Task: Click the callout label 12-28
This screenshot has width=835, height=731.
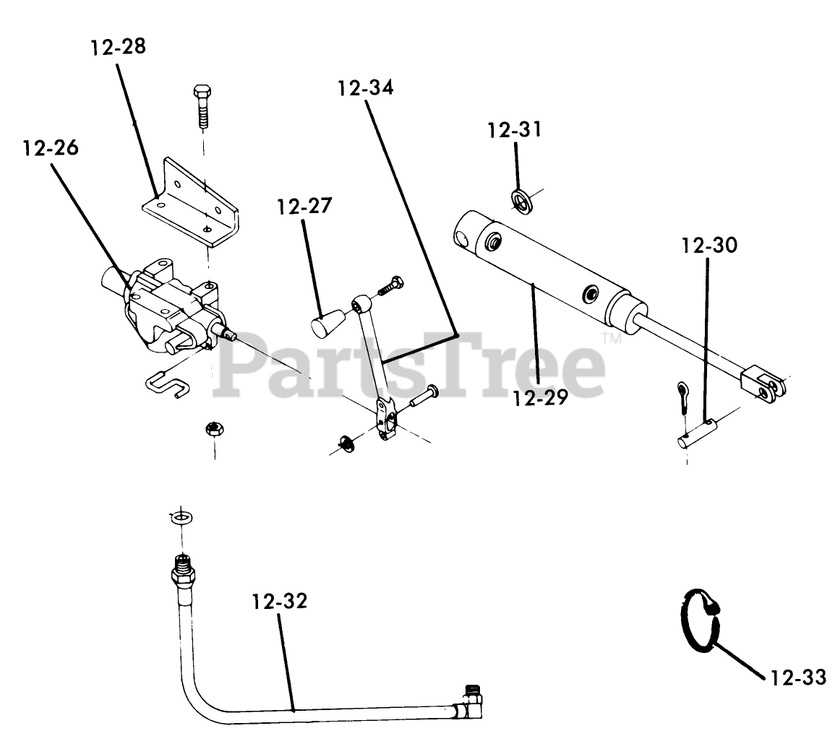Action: click(x=118, y=48)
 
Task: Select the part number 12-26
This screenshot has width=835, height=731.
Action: click(x=51, y=148)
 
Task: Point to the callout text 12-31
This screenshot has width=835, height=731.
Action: click(x=514, y=130)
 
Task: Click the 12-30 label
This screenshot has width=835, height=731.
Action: click(x=708, y=246)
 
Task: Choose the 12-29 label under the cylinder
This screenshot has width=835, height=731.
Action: click(x=540, y=398)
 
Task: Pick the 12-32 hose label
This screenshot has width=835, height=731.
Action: click(x=279, y=601)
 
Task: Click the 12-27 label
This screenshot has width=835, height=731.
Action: click(x=304, y=207)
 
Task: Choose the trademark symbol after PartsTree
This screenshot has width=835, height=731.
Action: click(x=612, y=338)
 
